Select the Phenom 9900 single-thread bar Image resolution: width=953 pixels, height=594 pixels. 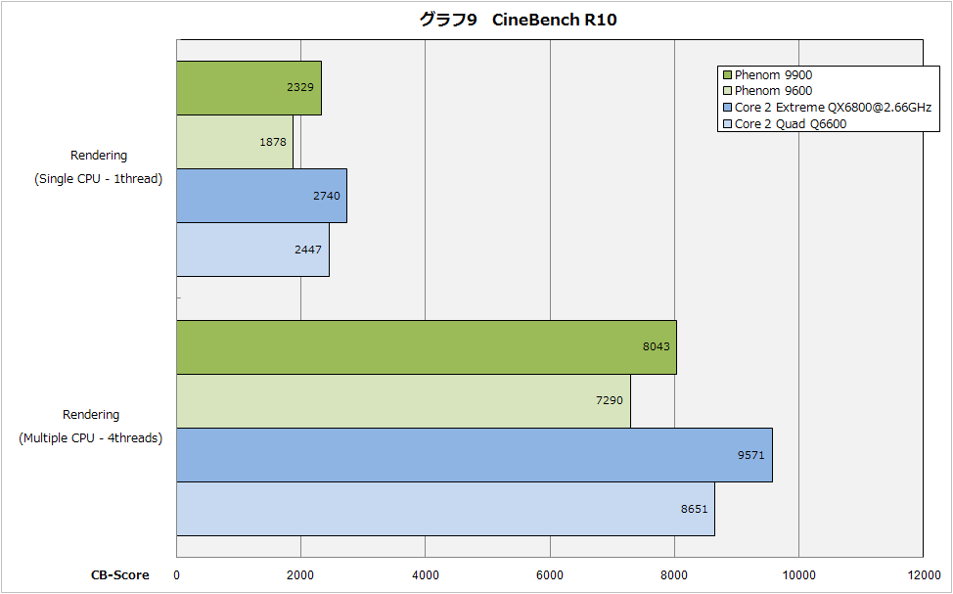pyautogui.click(x=249, y=88)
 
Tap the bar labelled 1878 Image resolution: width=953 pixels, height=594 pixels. pyautogui.click(x=235, y=142)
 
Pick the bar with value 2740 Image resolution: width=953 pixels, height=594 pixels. pyautogui.click(x=261, y=196)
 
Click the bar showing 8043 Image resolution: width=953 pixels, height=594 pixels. pyautogui.click(x=426, y=346)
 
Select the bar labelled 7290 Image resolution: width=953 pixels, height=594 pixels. pyautogui.click(x=403, y=400)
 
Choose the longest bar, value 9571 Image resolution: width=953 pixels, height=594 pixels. pyautogui.click(x=475, y=454)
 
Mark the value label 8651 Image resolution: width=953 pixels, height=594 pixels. pyautogui.click(x=695, y=509)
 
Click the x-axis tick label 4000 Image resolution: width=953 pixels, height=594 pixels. pyautogui.click(x=426, y=575)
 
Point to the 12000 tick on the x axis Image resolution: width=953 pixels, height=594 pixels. pyautogui.click(x=923, y=575)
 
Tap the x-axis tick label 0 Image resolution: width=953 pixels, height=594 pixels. pyautogui.click(x=177, y=575)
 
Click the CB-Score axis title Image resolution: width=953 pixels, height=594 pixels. pyautogui.click(x=120, y=575)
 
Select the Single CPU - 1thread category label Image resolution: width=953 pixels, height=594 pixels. pyautogui.click(x=98, y=179)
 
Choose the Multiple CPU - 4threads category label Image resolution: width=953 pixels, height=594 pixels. pyautogui.click(x=91, y=438)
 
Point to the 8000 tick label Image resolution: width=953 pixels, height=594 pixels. pyautogui.click(x=674, y=575)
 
